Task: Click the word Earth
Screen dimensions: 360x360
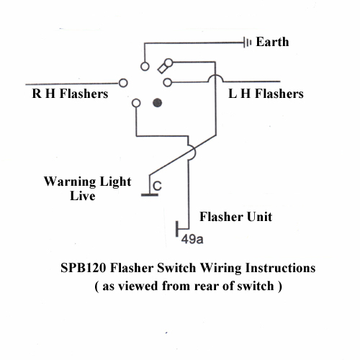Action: click(272, 42)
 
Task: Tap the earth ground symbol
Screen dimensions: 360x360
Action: click(247, 42)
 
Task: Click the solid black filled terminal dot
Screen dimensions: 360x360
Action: click(158, 103)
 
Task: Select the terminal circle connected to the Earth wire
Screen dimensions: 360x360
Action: click(145, 66)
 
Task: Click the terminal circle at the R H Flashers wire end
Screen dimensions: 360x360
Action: click(123, 83)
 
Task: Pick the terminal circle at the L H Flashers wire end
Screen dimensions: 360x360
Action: click(167, 83)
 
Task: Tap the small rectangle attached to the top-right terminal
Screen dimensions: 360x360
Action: click(163, 68)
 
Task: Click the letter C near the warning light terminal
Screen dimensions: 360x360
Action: click(157, 186)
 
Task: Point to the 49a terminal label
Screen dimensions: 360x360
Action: click(192, 239)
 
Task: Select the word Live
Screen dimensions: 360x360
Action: click(83, 196)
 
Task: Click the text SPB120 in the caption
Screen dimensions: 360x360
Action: click(84, 268)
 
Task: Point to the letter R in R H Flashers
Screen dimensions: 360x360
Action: click(37, 94)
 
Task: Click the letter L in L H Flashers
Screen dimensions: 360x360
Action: click(233, 94)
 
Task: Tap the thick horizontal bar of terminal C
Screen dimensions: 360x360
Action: click(150, 195)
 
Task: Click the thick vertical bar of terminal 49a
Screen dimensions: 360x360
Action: click(177, 229)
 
